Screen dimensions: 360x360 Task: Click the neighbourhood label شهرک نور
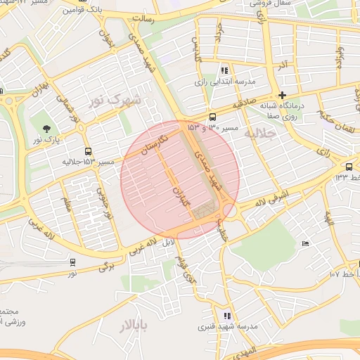point(115,101)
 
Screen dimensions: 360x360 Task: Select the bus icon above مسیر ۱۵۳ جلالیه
point(89,151)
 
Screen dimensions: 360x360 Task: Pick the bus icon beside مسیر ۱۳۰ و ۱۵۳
point(212,117)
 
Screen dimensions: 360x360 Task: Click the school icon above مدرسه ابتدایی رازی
point(224,70)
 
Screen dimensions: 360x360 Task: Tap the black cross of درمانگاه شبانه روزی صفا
point(283,95)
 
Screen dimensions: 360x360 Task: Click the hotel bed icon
point(304,243)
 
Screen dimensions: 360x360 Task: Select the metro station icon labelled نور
point(72,262)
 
